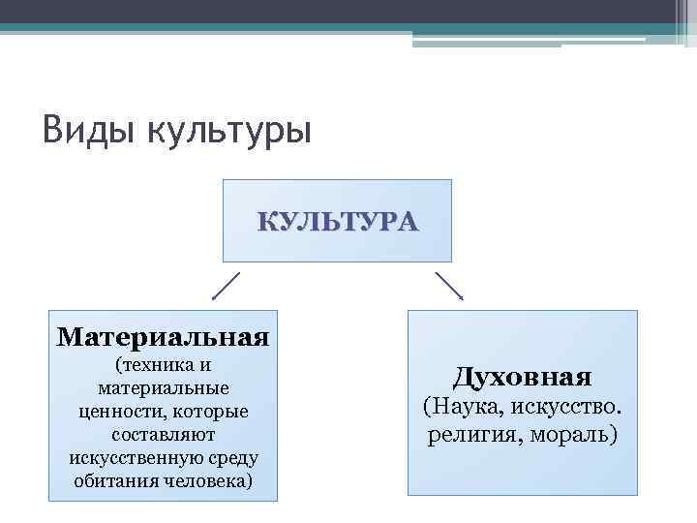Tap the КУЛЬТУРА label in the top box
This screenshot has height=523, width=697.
[x=338, y=222]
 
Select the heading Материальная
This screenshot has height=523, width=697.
[x=163, y=337]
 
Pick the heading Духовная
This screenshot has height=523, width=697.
[x=522, y=376]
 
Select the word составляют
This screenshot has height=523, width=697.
[x=163, y=435]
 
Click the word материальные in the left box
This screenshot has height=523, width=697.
[x=163, y=388]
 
